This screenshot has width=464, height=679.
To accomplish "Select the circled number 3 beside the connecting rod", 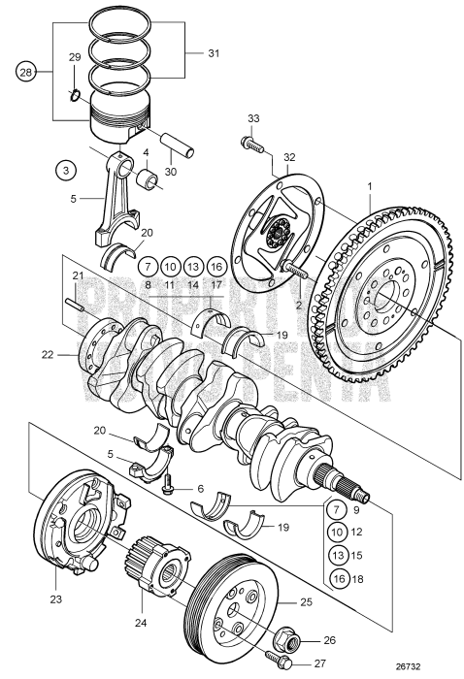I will coord(65,171).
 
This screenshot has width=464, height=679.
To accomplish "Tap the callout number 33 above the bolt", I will coord(252,118).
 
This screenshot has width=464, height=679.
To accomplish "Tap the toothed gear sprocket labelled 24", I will coord(154,567).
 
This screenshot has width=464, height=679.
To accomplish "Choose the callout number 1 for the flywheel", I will coord(368,185).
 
